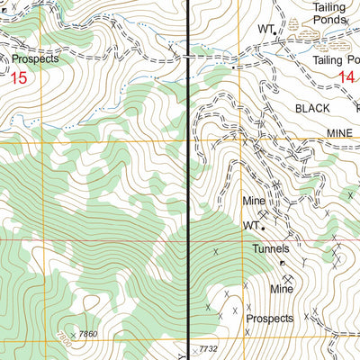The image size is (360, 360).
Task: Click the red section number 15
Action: pos(19,78)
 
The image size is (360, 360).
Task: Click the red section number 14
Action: pos(346,78)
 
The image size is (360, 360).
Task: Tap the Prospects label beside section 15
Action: pos(35,58)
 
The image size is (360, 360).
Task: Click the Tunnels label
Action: pos(271,248)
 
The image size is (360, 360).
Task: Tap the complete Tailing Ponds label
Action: pos(328,13)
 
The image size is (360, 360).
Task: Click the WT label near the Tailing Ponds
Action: pos(264,29)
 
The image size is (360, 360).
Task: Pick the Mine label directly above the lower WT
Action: pos(253,201)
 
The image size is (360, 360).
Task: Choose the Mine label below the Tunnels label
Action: pos(283,290)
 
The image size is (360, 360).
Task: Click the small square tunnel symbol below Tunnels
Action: pos(283,263)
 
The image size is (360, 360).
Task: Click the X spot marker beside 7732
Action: pos(188,347)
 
